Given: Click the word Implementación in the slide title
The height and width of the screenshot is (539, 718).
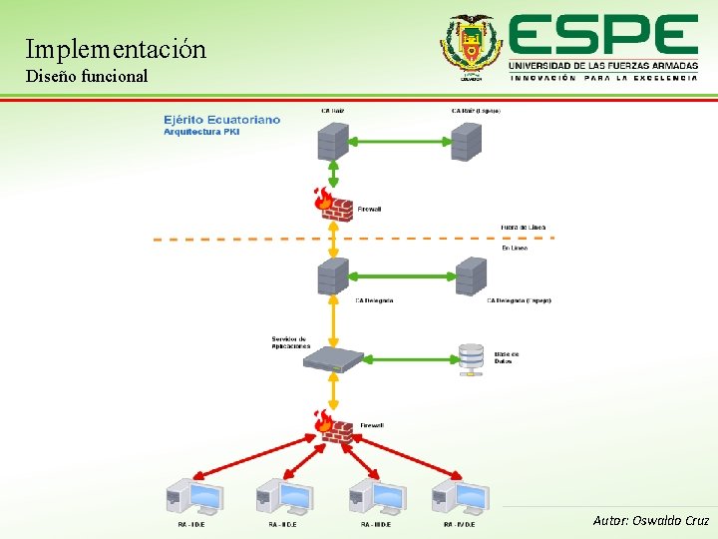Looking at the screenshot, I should click(x=116, y=49).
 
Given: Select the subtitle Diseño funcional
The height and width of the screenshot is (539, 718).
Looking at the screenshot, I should click(x=87, y=76).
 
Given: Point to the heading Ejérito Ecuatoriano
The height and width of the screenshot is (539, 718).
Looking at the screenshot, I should click(x=222, y=120).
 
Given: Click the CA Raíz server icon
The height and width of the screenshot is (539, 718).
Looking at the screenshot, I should click(x=333, y=141).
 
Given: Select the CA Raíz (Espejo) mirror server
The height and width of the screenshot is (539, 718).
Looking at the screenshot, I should click(x=467, y=141).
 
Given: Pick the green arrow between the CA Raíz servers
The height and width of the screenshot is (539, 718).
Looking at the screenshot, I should click(x=399, y=141).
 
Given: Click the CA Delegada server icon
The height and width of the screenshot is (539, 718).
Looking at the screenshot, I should click(x=333, y=275).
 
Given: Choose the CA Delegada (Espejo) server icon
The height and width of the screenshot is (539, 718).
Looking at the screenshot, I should click(x=471, y=275).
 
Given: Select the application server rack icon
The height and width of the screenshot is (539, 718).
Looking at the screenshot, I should click(x=335, y=357).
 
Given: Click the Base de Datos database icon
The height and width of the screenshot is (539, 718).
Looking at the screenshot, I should click(x=471, y=357).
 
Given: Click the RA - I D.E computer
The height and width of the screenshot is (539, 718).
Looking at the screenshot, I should click(x=193, y=496).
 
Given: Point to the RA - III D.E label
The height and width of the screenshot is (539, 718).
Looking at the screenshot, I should click(x=376, y=524).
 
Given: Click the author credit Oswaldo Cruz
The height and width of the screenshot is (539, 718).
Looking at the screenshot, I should click(x=651, y=520).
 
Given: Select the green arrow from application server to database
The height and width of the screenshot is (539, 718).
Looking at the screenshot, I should click(x=404, y=357).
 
